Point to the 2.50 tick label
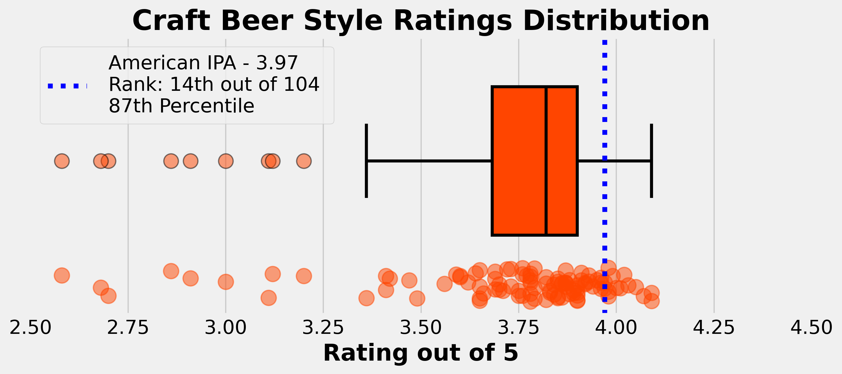(30, 327)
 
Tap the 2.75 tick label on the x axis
(128, 327)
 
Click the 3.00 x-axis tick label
(225, 327)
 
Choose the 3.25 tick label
(323, 327)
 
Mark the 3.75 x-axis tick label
(518, 327)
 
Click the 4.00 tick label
(616, 327)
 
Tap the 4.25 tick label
(714, 327)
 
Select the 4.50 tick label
(811, 327)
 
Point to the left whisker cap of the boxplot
(366, 161)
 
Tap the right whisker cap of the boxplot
(652, 161)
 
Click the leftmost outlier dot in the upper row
(62, 161)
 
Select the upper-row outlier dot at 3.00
(225, 161)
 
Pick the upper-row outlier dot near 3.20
(304, 161)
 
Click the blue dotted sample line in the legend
(67, 86)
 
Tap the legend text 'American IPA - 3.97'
(203, 63)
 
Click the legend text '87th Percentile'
(181, 106)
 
